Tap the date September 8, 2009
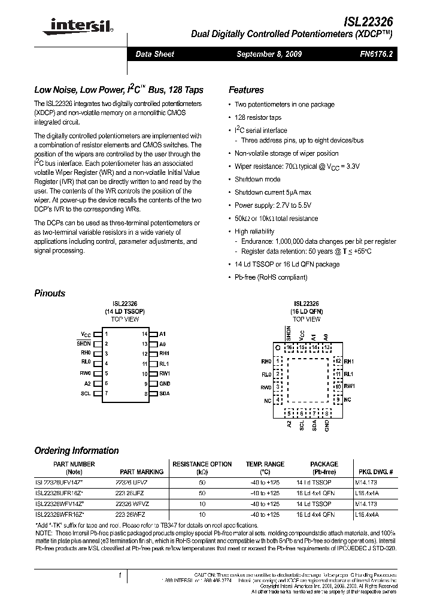click(269, 54)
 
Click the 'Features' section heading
click(246, 90)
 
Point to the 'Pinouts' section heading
click(50, 293)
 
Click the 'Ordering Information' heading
click(76, 450)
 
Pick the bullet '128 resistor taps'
click(257, 117)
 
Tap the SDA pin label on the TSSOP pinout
click(165, 393)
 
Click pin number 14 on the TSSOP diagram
click(144, 334)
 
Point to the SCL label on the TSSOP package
click(85, 393)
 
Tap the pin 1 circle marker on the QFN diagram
click(277, 347)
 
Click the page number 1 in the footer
click(120, 575)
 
